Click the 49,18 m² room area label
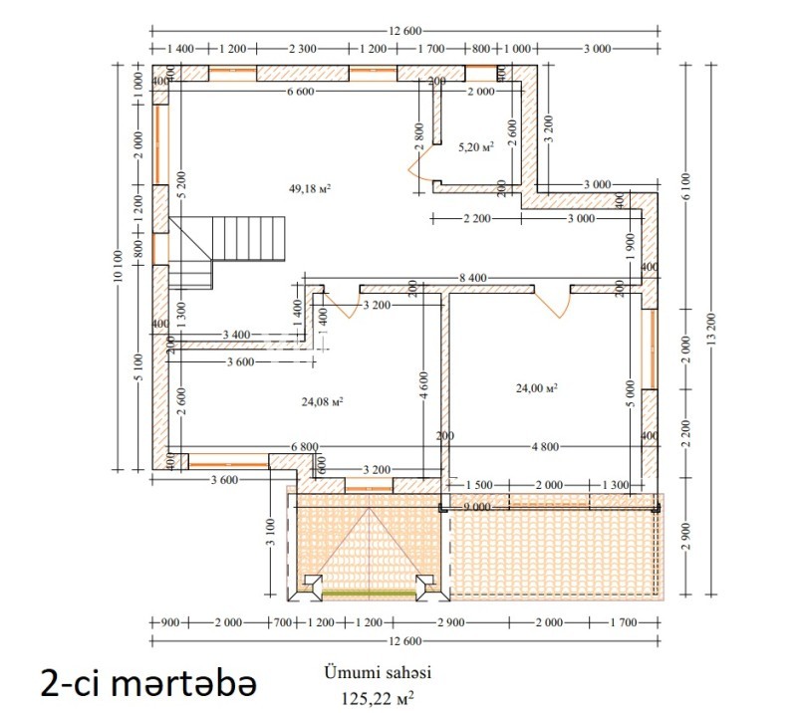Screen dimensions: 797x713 point(310,188)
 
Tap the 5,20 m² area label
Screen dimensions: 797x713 point(476,147)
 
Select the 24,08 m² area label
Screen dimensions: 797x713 point(322,402)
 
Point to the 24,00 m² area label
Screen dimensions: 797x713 point(537,388)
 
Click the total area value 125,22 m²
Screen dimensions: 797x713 point(377,698)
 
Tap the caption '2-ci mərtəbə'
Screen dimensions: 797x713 point(148,684)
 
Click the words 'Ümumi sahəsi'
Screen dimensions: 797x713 point(378,672)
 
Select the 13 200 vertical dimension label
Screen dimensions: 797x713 point(711,330)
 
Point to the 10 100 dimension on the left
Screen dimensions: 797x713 point(118,266)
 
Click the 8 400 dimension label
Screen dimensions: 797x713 point(472,278)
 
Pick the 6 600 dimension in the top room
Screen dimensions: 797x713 point(301,92)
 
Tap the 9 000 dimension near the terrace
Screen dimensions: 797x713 point(477,507)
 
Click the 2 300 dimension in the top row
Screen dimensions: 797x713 point(303,49)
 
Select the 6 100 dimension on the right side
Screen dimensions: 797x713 point(685,186)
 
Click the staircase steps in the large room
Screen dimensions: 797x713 point(248,238)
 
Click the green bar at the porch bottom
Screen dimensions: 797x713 point(370,594)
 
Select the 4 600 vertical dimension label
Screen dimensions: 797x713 point(424,385)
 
